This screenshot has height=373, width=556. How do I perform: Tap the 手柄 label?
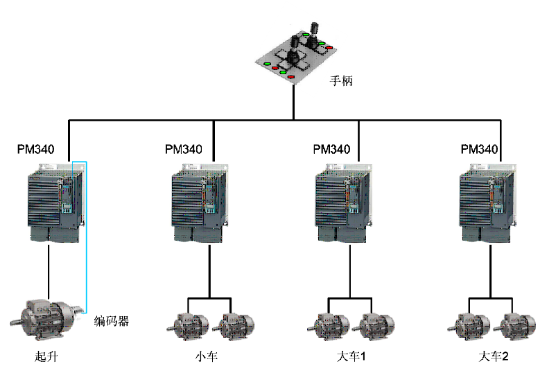click(x=342, y=80)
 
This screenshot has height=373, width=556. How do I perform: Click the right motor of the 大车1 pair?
click(x=374, y=324)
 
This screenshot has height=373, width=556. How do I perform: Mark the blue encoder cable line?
click(x=86, y=236)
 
